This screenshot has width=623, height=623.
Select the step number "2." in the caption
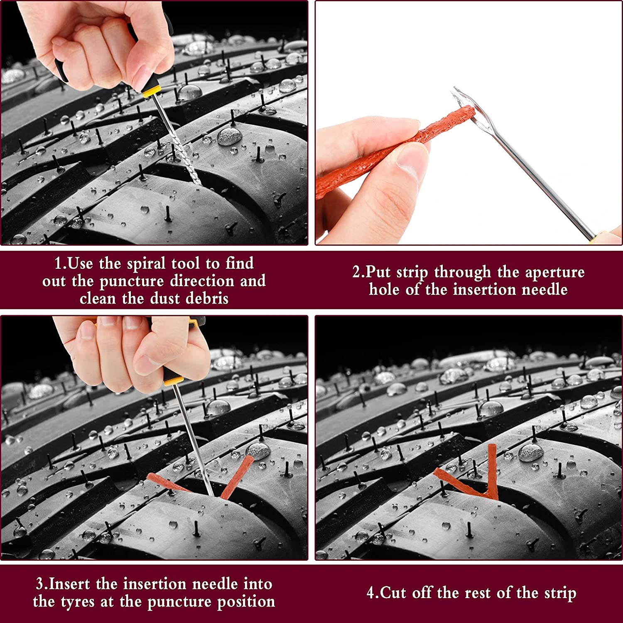click(x=359, y=272)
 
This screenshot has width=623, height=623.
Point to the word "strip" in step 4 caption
click(x=559, y=593)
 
